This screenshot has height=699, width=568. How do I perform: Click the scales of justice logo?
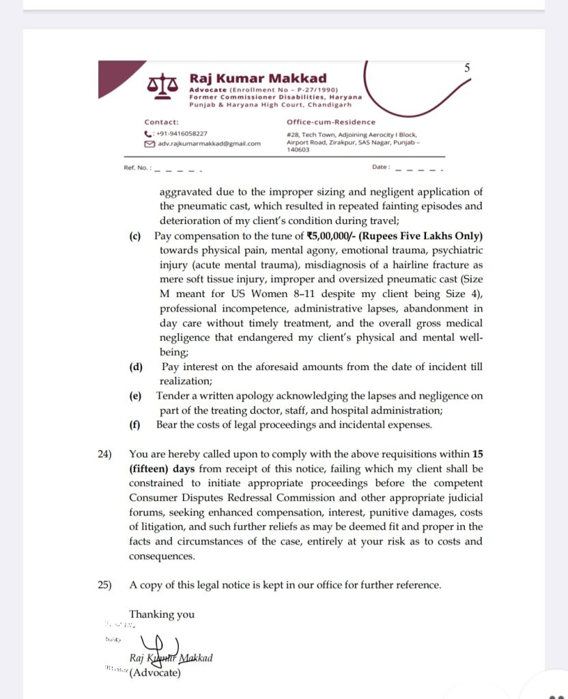pyautogui.click(x=163, y=86)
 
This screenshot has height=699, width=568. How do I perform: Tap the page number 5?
pyautogui.click(x=467, y=68)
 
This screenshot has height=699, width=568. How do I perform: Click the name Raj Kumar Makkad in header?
pyautogui.click(x=258, y=79)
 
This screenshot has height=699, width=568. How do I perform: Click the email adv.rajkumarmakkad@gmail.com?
pyautogui.click(x=208, y=144)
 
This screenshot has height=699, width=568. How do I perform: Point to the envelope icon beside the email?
pyautogui.click(x=149, y=144)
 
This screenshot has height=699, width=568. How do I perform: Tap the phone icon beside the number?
pyautogui.click(x=148, y=134)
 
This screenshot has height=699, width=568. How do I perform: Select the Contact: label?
pyautogui.click(x=161, y=122)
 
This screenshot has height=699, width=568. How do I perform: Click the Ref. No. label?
pyautogui.click(x=136, y=167)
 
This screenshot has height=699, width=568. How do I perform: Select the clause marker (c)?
pyautogui.click(x=135, y=236)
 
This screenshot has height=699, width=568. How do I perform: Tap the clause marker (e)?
pyautogui.click(x=135, y=396)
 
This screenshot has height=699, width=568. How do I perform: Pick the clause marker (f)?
pyautogui.click(x=135, y=425)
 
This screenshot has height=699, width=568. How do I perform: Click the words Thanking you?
pyautogui.click(x=162, y=614)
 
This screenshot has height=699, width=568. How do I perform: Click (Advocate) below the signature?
pyautogui.click(x=155, y=672)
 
